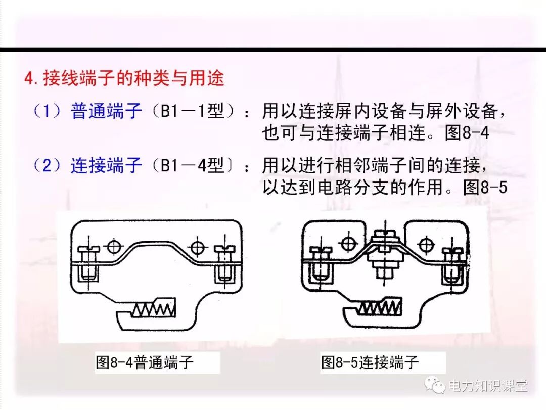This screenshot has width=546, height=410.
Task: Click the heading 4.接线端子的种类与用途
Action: click(x=124, y=79)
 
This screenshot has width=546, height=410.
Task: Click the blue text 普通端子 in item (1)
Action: click(x=106, y=111)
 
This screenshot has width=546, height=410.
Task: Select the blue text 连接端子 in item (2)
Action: click(x=106, y=165)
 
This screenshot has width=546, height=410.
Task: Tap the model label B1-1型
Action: click(x=192, y=111)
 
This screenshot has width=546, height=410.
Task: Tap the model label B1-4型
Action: click(x=192, y=165)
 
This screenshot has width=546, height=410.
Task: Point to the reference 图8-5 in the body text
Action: click(x=484, y=188)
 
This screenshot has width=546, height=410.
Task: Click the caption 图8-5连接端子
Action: click(x=371, y=362)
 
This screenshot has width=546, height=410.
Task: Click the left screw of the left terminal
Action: click(x=88, y=263)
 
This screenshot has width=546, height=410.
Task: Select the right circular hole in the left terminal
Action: click(x=197, y=247)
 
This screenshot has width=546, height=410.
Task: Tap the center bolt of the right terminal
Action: click(x=385, y=253)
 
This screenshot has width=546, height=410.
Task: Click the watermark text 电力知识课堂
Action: click(x=487, y=386)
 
